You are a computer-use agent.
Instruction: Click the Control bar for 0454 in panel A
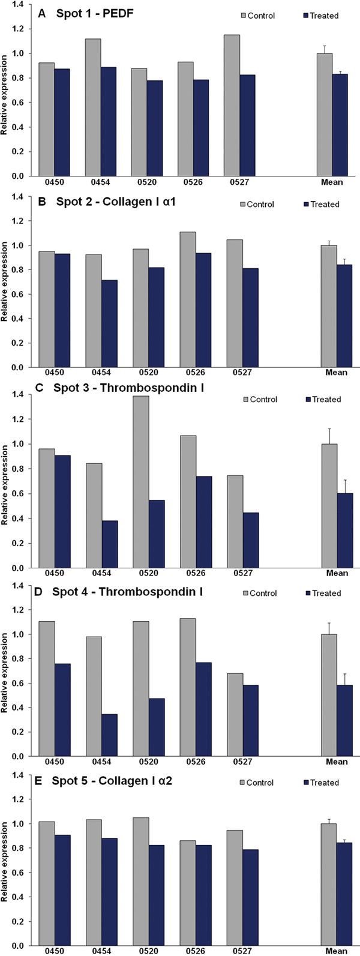[x=93, y=107]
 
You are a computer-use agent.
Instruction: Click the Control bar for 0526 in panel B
[x=187, y=299]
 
